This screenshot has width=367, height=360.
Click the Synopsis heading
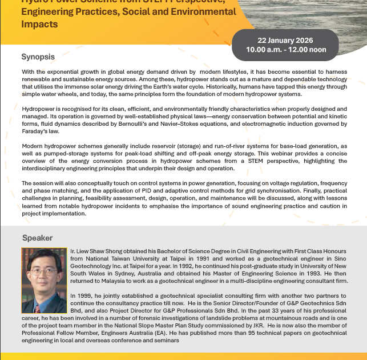pyautogui.click(x=38, y=57)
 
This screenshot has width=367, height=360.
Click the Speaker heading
pyautogui.click(x=38, y=238)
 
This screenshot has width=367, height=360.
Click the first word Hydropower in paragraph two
pyautogui.click(x=40, y=109)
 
